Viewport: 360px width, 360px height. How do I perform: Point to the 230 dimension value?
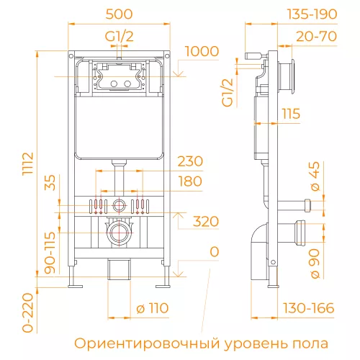point(190,160)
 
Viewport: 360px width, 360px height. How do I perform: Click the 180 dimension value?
point(190,181)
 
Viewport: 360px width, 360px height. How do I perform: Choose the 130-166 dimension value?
point(310,308)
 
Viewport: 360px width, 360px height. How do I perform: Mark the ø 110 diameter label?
point(151,308)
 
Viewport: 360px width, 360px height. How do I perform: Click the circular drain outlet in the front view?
point(117,233)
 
